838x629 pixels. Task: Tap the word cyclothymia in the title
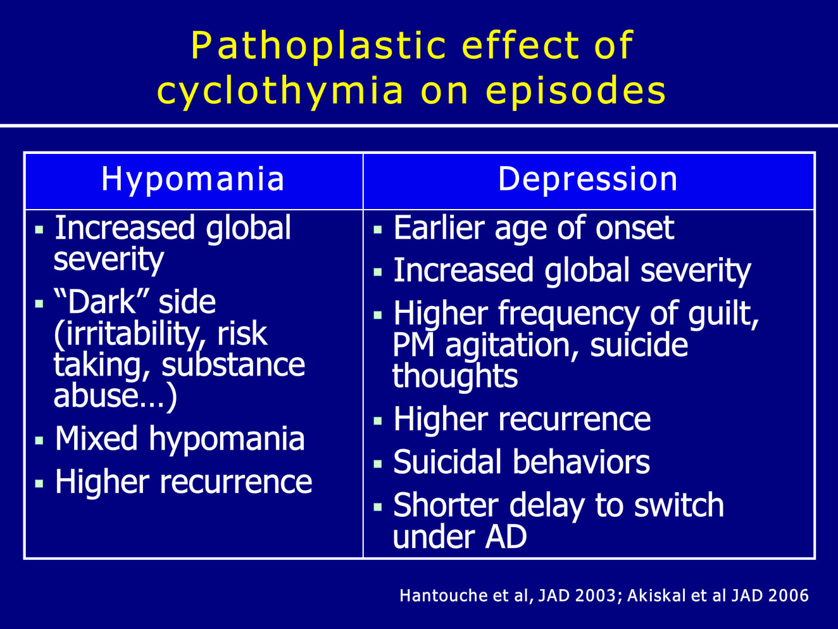[280, 91]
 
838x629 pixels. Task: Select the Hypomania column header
[193, 179]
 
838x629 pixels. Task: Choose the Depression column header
[587, 179]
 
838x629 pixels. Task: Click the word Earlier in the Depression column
[439, 228]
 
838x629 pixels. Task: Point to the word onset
[635, 228]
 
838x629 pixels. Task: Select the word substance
[233, 364]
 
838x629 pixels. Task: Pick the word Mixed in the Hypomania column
[96, 438]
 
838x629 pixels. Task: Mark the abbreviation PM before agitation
[413, 345]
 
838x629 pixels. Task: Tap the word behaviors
[580, 462]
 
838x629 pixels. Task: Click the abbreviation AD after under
[505, 536]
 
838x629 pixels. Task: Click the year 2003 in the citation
[595, 596]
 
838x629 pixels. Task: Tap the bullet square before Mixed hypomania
[39, 440]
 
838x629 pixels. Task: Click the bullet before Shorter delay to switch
[378, 507]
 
